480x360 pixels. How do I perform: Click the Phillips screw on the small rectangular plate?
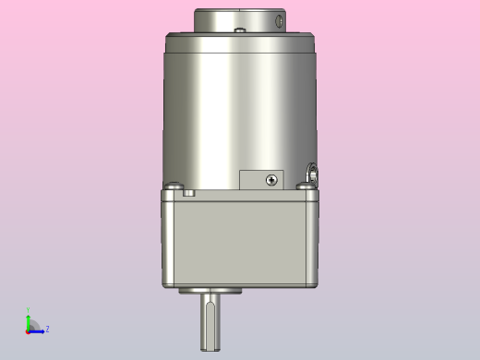click(270, 179)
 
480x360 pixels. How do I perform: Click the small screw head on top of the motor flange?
click(240, 30)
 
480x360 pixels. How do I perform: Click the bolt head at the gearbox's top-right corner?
click(305, 186)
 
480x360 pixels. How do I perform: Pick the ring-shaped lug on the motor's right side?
click(313, 173)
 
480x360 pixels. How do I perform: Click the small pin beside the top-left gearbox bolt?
click(190, 193)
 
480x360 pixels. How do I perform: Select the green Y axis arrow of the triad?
click(28, 319)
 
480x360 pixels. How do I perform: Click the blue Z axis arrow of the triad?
click(38, 330)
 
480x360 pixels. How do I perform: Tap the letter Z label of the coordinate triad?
click(47, 329)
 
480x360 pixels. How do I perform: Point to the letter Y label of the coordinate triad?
click(28, 311)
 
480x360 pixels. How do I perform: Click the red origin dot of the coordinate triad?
click(28, 330)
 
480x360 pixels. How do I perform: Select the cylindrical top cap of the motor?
click(239, 18)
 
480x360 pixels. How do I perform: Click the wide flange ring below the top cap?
click(240, 42)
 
